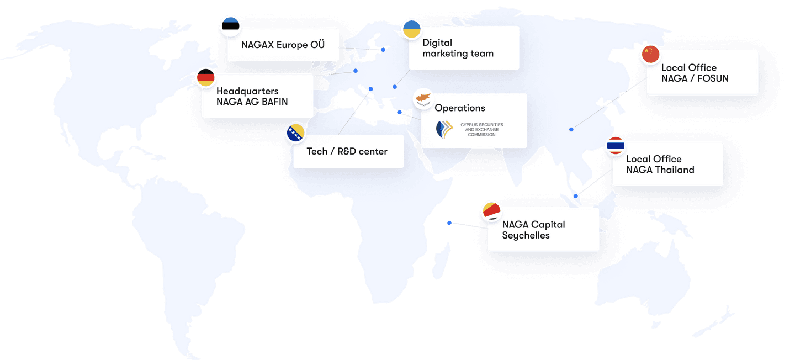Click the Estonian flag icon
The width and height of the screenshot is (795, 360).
(231, 26)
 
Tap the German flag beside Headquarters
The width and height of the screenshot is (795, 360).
(206, 77)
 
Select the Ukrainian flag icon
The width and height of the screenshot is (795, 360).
(412, 29)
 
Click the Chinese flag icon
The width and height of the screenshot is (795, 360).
(650, 54)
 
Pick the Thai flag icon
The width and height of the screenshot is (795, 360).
(616, 146)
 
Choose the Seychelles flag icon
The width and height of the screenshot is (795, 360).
(491, 211)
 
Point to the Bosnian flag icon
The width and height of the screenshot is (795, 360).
(296, 133)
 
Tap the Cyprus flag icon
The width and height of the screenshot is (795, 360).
(423, 98)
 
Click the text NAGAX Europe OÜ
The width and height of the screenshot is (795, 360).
(283, 45)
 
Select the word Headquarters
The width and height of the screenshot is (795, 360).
(247, 91)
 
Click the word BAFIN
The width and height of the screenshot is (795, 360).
(275, 102)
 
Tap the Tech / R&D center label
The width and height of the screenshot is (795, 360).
(347, 152)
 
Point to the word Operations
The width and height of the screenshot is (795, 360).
(459, 108)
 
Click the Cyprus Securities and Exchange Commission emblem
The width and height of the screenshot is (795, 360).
(444, 130)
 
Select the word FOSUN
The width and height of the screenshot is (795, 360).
(713, 78)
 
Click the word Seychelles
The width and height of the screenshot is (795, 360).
(526, 236)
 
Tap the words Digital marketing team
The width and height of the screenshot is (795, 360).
(458, 48)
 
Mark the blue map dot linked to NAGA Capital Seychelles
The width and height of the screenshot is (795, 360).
(449, 223)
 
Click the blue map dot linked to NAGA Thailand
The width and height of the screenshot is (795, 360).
(576, 196)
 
